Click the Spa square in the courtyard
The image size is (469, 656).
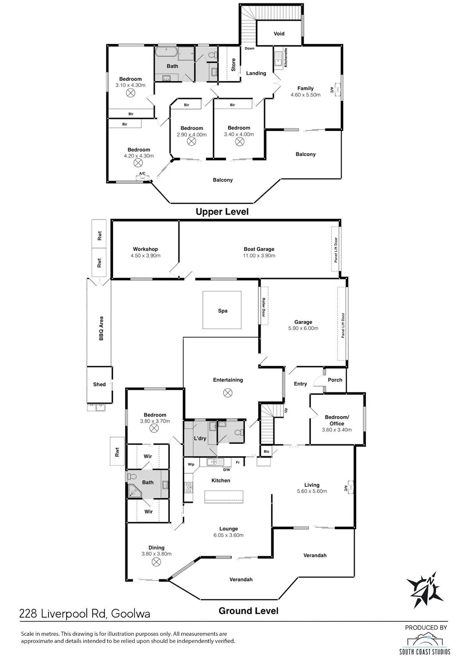point(222,310)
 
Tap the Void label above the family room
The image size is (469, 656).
point(279,34)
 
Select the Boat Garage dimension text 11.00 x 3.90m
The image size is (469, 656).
point(259,255)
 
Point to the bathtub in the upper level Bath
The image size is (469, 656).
point(166,52)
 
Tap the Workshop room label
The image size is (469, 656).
point(145,249)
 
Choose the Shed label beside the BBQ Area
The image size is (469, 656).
point(99,384)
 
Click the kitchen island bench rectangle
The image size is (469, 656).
point(224,497)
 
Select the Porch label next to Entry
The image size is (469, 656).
point(335,380)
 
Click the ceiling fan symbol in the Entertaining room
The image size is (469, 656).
point(228,393)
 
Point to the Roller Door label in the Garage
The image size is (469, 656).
point(263,307)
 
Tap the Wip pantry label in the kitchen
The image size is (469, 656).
point(191,464)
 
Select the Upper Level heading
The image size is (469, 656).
point(222,212)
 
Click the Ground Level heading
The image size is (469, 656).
point(249,611)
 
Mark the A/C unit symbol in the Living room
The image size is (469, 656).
point(350,488)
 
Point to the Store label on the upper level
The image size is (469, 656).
point(233,65)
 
